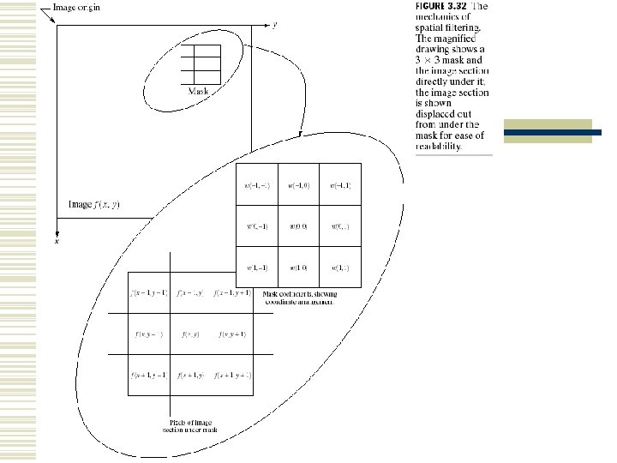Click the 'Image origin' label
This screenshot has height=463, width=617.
pyautogui.click(x=75, y=8)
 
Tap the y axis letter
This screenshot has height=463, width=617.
pyautogui.click(x=274, y=25)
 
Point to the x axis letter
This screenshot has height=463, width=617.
pyautogui.click(x=57, y=243)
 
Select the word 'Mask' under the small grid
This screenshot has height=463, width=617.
pyautogui.click(x=198, y=90)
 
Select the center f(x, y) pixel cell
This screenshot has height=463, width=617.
pyautogui.click(x=190, y=334)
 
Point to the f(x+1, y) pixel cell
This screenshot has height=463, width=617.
pyautogui.click(x=190, y=375)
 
